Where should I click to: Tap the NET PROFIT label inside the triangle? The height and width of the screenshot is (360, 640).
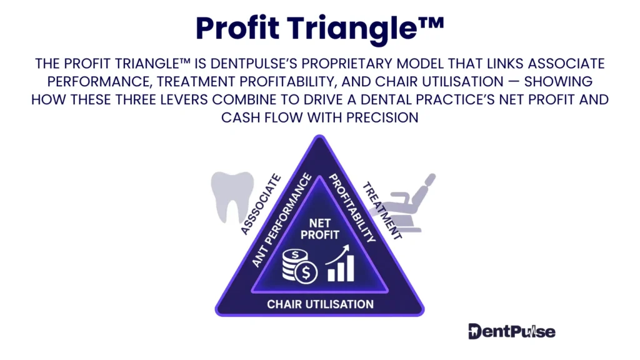point(319,229)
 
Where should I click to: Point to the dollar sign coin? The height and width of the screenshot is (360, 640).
point(307,272)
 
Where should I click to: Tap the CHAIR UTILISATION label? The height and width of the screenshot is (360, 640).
point(320,304)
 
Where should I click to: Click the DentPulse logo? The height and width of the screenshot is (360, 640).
point(511,331)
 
